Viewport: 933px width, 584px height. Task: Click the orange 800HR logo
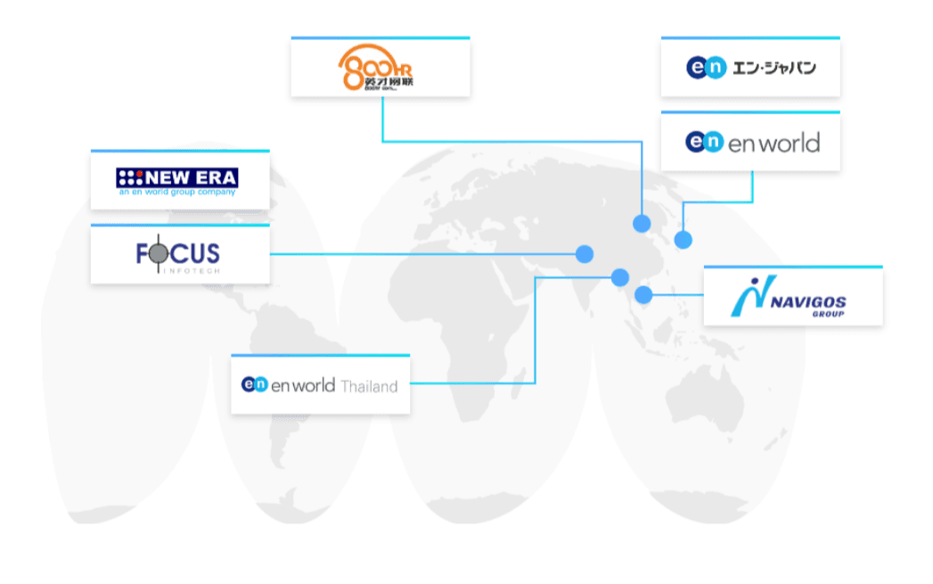tap(378, 69)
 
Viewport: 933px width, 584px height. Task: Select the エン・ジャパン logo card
tap(750, 68)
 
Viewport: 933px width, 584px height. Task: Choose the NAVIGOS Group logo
tap(792, 297)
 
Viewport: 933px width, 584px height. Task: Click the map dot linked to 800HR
tap(642, 223)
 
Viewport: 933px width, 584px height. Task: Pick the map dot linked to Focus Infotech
tap(585, 254)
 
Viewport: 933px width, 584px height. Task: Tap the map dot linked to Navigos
tap(643, 295)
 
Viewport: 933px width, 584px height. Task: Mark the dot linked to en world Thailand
tap(619, 276)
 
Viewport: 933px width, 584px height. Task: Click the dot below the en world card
tap(683, 240)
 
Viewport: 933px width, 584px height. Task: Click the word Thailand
tap(368, 385)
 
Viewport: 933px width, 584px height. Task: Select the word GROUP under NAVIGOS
tap(828, 314)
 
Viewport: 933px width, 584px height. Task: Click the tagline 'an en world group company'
tap(177, 192)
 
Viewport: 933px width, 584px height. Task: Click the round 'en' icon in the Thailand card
tap(255, 384)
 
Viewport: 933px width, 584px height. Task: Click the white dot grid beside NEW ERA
tap(131, 177)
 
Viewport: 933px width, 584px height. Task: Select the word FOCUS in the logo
tap(178, 254)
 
